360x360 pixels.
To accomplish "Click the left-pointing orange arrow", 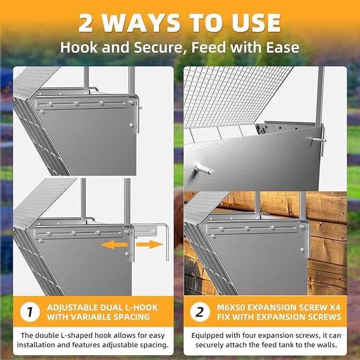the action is [114, 244].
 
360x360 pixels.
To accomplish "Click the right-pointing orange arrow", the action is [150, 244].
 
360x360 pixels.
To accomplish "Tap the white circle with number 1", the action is [30, 312].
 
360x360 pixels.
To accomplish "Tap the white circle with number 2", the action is [200, 312].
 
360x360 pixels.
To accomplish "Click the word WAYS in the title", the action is [141, 23].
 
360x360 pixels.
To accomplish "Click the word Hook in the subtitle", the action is [79, 48].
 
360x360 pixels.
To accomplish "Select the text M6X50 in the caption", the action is [231, 308].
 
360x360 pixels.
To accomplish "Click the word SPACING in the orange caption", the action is [131, 317].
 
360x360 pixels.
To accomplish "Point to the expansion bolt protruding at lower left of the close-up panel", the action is [204, 170].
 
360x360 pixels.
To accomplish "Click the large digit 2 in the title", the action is [85, 23].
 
